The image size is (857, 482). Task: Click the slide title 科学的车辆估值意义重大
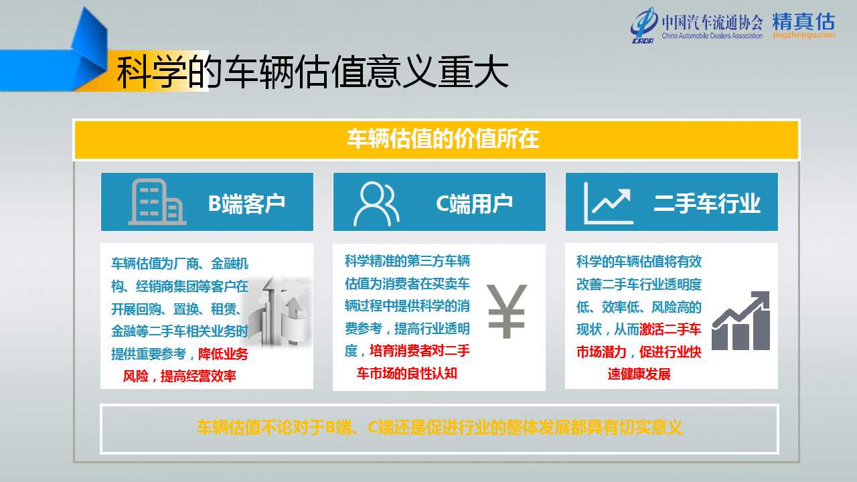[312, 72]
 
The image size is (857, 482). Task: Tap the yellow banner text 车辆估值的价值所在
[443, 139]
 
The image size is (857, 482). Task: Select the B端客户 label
[247, 203]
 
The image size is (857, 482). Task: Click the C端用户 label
[475, 203]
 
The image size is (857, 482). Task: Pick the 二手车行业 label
[707, 203]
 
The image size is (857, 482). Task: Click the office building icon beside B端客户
[157, 202]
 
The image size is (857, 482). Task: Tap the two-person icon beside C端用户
[376, 204]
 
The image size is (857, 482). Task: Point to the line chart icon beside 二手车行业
[609, 203]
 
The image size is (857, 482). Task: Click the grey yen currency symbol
[507, 311]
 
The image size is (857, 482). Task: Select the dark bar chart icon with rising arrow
[741, 321]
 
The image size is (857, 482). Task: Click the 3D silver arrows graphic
[281, 311]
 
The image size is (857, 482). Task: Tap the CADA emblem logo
[644, 25]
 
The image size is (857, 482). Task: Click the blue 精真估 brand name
[803, 21]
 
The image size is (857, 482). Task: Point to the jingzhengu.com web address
[804, 35]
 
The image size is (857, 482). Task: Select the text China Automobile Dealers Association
[712, 35]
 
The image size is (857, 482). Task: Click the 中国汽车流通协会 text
[712, 22]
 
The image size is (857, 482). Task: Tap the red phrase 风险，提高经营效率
[179, 376]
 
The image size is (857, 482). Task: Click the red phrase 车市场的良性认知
[407, 373]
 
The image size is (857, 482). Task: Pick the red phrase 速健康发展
[639, 374]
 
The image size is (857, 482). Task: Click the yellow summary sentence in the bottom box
[439, 427]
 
